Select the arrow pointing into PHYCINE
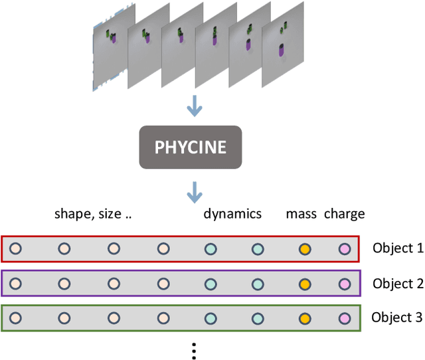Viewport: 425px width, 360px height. coord(194,106)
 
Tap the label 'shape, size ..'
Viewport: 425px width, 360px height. coord(93,214)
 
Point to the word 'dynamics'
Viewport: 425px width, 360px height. coord(232,214)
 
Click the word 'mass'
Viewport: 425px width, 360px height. coord(301,214)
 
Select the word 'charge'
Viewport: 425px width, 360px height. coord(345,214)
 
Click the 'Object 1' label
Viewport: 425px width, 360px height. coord(397,249)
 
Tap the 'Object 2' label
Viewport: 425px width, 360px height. coord(397,284)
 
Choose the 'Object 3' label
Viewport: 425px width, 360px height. coord(397,317)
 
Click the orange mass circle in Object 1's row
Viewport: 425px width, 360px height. coord(305,250)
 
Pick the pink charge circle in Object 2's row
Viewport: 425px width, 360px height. coord(344,284)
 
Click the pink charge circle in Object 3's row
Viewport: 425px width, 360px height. coord(344,317)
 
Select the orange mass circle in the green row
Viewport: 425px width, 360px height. coord(305,317)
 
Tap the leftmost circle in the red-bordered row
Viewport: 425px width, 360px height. coord(15,250)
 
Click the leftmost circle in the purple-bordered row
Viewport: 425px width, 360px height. coord(15,284)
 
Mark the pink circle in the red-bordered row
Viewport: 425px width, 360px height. coord(344,250)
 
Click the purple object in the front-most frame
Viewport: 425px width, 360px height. coord(282,50)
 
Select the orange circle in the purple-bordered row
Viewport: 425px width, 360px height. coord(305,284)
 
